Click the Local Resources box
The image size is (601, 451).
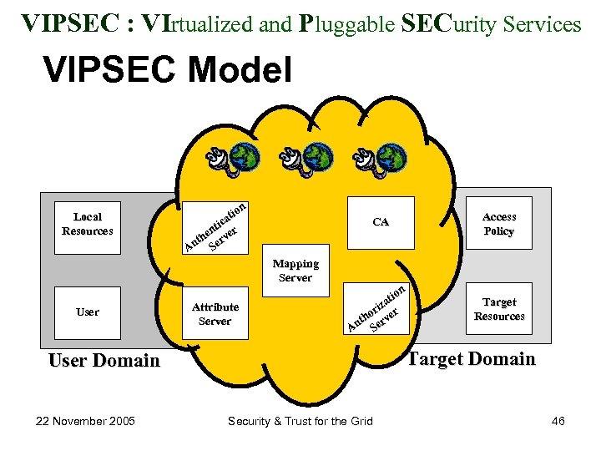coord(88,224)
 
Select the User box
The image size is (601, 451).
coord(88,312)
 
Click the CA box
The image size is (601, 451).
coord(381,222)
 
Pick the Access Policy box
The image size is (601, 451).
coord(499,224)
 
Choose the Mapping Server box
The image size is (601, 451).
coord(295,271)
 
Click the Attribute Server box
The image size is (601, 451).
coord(215,313)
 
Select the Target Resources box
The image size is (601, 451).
coord(499,309)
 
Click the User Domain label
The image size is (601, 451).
coord(104,360)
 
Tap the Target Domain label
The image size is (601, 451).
coord(471,359)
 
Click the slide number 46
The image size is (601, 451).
coord(558,420)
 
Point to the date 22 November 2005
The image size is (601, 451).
coord(81,420)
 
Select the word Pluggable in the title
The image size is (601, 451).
coord(345,24)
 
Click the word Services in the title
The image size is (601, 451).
coord(544,24)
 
